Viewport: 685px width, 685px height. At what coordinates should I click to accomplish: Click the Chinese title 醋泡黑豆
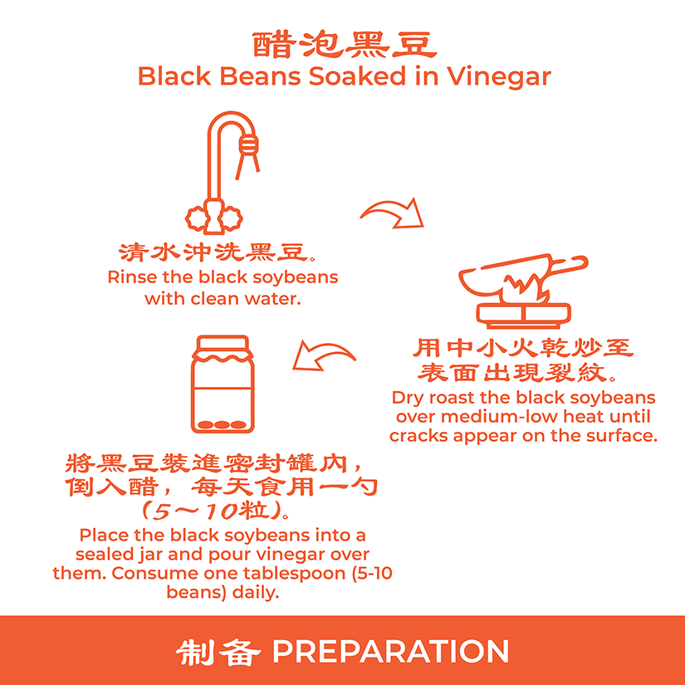coord(345,45)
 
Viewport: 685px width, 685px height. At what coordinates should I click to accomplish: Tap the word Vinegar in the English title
coord(498,77)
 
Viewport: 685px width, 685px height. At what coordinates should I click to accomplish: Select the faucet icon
coord(223,173)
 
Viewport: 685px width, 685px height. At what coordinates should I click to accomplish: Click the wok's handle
coord(568,263)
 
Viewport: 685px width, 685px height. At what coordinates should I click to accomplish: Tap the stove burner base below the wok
coord(523,316)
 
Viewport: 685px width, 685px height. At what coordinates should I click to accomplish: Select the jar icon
coord(223,384)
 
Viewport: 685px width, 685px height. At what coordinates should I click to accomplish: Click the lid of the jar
coord(223,346)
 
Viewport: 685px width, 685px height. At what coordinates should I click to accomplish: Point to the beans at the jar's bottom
coord(222,424)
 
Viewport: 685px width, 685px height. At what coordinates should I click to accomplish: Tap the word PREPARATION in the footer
coord(390,651)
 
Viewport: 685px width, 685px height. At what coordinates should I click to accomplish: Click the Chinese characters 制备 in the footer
coord(218,653)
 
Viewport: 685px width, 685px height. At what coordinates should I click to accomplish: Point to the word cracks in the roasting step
coord(418,436)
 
